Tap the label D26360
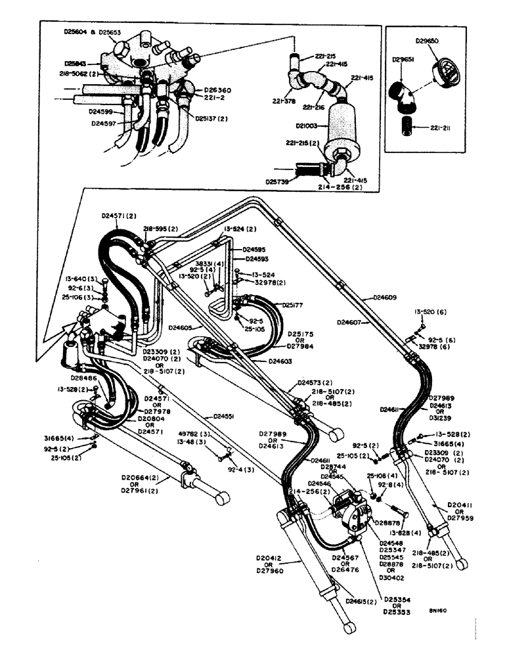click(x=217, y=89)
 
